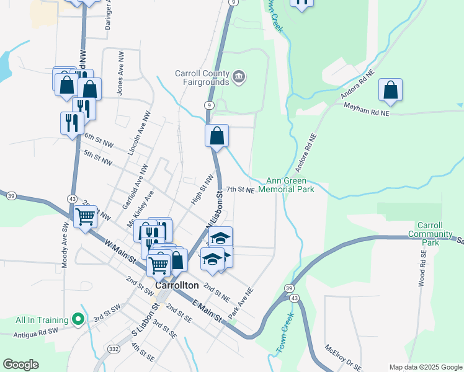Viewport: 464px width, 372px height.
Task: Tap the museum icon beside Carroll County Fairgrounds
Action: pyautogui.click(x=239, y=77)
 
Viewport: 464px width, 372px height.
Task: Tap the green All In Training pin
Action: pyautogui.click(x=78, y=320)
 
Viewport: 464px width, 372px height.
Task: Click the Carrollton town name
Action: pyautogui.click(x=177, y=286)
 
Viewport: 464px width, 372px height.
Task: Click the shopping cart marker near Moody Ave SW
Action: pyautogui.click(x=85, y=217)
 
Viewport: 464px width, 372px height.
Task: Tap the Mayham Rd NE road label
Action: pyautogui.click(x=367, y=109)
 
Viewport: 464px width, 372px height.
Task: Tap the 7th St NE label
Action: pyautogui.click(x=240, y=189)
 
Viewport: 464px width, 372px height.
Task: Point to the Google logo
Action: pyautogui.click(x=20, y=365)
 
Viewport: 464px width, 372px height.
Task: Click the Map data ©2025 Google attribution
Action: pyautogui.click(x=426, y=367)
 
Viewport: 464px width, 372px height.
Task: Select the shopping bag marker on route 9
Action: pyautogui.click(x=217, y=136)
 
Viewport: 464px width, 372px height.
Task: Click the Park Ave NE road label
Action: pyautogui.click(x=241, y=303)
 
